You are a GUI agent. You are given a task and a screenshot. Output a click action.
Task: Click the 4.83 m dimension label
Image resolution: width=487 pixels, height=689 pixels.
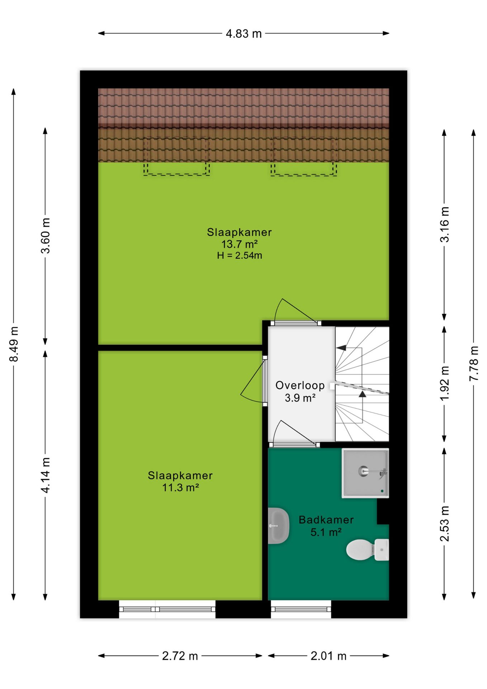pos(243,34)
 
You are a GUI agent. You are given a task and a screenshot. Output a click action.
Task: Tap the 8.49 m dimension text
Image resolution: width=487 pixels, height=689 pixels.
pos(14,344)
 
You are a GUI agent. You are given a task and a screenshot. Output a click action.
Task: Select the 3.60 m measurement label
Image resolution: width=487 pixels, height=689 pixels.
pos(45,235)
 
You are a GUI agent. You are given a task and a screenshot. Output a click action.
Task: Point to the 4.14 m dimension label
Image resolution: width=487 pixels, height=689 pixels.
pos(45,475)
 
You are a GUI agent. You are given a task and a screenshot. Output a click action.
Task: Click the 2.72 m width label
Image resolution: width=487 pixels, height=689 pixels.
pos(180,656)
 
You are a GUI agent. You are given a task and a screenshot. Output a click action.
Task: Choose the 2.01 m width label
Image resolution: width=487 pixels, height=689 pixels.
pos(328,656)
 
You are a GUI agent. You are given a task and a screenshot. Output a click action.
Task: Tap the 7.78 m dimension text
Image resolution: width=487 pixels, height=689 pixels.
pos(474,363)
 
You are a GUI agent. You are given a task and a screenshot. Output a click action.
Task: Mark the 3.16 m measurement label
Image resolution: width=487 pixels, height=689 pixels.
pos(444,225)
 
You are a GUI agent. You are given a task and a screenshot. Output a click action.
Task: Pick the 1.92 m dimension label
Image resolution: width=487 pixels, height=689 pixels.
pos(444,384)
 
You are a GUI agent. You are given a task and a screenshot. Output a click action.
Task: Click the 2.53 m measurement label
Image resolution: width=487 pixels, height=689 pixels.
pos(444,524)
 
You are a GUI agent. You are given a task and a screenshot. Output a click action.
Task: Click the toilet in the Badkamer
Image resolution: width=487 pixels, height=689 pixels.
pos(367,549)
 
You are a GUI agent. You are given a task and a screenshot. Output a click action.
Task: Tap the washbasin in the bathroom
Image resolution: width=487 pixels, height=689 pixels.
pos(278,526)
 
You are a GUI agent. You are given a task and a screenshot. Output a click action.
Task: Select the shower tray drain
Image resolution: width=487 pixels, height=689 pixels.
pos(364,471)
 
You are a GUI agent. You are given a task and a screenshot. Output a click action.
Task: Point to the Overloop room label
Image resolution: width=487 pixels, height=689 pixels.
pos(300,385)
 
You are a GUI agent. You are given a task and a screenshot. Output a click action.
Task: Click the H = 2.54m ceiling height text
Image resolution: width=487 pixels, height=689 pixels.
pos(240,256)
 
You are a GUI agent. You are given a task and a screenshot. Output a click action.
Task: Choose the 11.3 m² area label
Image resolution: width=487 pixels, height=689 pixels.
pos(180,488)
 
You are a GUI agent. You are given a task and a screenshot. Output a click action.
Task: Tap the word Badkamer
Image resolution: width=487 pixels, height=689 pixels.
pos(326,520)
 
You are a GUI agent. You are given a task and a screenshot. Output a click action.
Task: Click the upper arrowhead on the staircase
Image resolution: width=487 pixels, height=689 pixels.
pos(341,347)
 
